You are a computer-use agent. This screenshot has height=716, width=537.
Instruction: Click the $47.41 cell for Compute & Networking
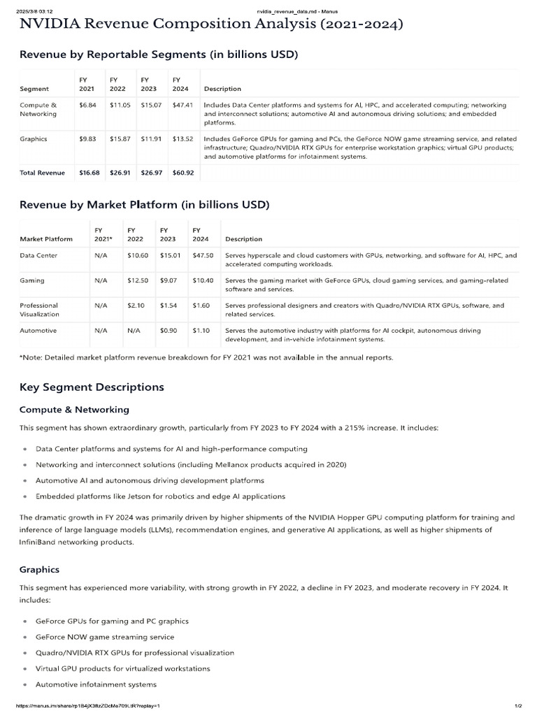point(182,105)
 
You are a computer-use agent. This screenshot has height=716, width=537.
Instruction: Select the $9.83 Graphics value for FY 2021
point(88,138)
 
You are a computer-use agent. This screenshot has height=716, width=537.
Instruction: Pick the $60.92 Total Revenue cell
point(182,173)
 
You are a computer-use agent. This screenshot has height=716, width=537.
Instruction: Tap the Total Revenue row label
point(42,173)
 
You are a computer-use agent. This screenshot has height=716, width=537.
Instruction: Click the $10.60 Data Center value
point(138,255)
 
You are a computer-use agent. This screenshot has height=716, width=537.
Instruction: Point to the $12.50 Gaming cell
point(138,280)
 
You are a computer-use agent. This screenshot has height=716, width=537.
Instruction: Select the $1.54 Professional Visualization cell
point(169,305)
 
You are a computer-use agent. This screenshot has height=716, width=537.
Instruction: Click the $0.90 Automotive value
point(169,329)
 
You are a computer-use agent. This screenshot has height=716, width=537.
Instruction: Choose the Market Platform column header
point(46,239)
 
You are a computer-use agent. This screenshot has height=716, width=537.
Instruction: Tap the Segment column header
point(34,89)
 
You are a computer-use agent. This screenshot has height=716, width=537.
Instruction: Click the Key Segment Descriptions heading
point(92,387)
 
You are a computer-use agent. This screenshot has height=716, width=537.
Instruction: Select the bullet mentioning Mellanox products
point(190,465)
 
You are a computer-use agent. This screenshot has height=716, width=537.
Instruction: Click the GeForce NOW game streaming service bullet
point(105,637)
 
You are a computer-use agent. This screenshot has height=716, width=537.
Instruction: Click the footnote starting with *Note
point(206,357)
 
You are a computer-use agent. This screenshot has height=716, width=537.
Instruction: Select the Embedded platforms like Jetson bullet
point(160,496)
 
